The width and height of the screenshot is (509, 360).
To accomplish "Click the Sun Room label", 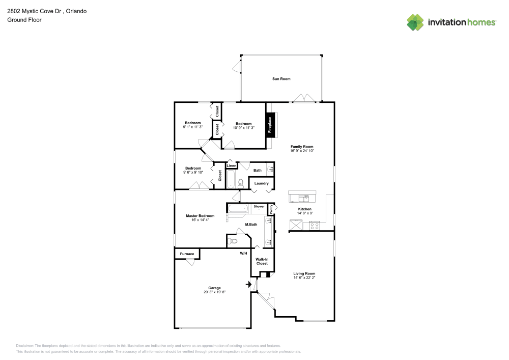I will point(280,79).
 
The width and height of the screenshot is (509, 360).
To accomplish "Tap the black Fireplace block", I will point(270,125).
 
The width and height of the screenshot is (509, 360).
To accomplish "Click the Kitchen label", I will point(304,209).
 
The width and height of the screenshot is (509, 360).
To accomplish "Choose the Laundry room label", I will point(262,183).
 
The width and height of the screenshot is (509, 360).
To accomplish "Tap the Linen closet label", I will point(232,166).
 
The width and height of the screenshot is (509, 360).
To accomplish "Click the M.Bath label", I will point(251,225).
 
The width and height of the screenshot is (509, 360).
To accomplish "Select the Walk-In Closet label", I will point(262,261).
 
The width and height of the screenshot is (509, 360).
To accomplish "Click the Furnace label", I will point(187,254).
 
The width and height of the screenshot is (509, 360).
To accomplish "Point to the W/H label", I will point(243,253).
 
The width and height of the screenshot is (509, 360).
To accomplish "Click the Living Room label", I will point(304,273).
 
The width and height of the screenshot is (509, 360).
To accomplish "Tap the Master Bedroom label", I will point(200,216).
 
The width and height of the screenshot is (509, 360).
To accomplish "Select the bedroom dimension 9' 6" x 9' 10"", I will point(193,173).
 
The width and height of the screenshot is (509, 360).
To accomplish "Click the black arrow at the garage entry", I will point(249,285).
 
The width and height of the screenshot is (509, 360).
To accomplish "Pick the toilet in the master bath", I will point(234,241).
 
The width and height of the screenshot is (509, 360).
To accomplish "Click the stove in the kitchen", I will point(312,225).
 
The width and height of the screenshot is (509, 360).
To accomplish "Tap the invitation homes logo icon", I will point(415,22).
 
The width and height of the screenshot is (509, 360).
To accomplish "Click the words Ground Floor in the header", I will point(24,20).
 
